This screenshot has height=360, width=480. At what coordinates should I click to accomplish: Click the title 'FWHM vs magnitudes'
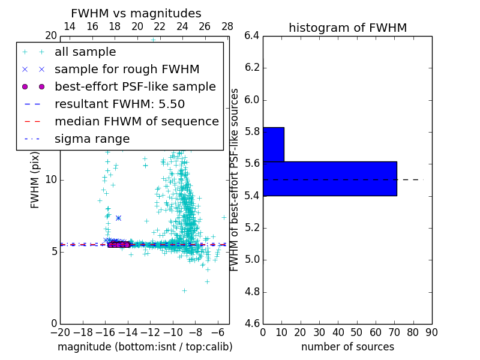pos(136,13)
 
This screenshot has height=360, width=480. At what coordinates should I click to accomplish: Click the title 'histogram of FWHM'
pos(347,28)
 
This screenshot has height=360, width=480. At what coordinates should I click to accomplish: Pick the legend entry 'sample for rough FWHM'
pos(127,69)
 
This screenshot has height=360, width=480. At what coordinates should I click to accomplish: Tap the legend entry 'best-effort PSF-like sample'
pos(135,86)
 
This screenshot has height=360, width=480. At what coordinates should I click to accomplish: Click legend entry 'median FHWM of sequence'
pos(136,121)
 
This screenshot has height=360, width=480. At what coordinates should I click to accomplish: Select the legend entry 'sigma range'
pos(92,139)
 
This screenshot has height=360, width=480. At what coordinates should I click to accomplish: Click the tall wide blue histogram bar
pos(329,178)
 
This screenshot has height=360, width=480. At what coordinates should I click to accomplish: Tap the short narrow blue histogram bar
pos(273,144)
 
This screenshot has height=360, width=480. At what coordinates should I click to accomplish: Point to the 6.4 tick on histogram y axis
pos(252,35)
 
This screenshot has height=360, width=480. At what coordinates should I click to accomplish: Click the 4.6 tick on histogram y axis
pos(252,324)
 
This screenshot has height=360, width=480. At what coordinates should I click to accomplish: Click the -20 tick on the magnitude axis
pos(60,332)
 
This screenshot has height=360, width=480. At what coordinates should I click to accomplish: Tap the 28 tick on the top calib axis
pos(227,26)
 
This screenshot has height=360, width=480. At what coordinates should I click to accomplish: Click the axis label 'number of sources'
pos(347,347)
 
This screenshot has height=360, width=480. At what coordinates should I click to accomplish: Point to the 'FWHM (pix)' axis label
pos(35,179)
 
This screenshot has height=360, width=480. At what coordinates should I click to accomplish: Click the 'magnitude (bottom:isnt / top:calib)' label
pos(145,347)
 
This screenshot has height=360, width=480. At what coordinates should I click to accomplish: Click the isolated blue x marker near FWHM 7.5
pos(118,218)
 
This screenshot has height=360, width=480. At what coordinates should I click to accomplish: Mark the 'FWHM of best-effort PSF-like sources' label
pos(235,179)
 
